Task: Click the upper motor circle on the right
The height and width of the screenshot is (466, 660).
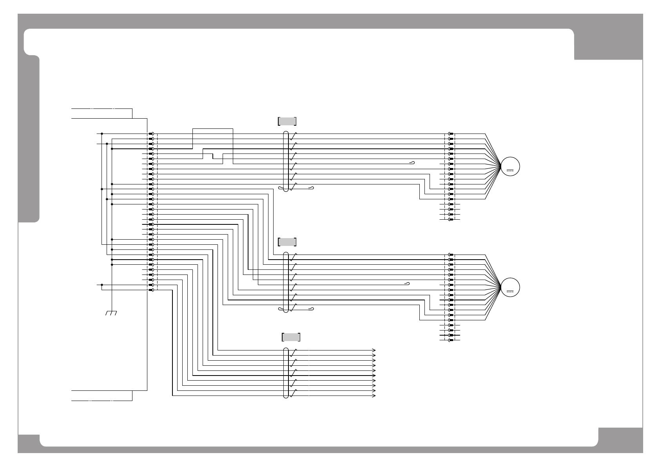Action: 510,166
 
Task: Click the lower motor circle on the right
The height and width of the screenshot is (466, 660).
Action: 510,287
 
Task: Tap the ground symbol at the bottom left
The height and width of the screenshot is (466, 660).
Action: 112,313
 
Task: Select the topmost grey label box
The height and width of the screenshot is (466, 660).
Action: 287,121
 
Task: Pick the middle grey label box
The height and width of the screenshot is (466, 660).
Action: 287,242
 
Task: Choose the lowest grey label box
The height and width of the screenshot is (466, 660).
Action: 291,337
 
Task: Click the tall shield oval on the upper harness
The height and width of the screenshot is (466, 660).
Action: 286,161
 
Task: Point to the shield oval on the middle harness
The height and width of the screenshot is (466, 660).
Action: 286,282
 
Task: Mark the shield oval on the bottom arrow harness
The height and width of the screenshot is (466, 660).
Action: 286,373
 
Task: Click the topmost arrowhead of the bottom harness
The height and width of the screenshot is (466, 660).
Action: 374,350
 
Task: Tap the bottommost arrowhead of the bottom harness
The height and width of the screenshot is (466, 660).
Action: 374,396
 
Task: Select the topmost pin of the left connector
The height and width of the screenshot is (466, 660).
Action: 151,134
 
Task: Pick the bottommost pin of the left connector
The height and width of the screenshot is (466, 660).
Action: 151,290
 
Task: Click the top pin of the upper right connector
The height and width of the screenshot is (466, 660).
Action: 451,134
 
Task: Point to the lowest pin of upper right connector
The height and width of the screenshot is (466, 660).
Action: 451,219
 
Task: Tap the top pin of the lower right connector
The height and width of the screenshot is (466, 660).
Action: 451,255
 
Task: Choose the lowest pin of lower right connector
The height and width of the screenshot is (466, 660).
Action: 451,340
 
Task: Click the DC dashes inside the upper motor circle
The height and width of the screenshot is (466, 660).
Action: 510,171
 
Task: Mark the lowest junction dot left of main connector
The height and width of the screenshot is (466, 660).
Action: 102,285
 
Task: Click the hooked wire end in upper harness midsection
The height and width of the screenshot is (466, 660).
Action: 412,163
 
